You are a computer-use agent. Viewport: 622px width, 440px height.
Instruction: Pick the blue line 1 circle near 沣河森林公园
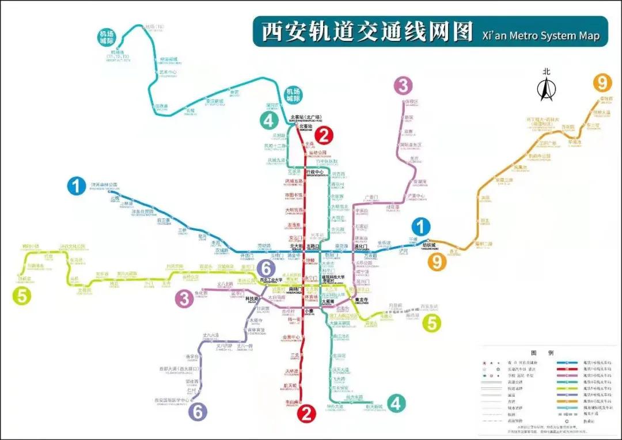coord(76,186)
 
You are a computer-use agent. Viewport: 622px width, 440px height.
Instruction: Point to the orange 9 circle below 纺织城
coord(437,262)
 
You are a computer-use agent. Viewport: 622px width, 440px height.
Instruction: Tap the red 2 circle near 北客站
coord(324,136)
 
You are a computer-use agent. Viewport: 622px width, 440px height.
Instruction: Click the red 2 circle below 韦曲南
coord(306,412)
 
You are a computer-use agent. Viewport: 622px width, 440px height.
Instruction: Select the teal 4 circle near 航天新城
coord(395,403)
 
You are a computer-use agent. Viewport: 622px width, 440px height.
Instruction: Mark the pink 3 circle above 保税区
coord(403,86)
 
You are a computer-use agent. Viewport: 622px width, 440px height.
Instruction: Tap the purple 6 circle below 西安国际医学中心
coord(198,411)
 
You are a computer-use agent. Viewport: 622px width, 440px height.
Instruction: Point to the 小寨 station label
coord(309,312)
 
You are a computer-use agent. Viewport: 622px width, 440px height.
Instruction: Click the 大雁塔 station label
coord(328,301)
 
